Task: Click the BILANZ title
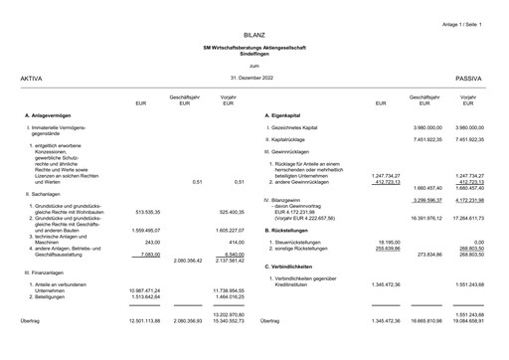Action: pos(254,33)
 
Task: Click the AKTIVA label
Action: pos(17,77)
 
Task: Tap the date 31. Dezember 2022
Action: pos(254,77)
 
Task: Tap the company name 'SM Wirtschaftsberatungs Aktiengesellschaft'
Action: pos(254,47)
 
